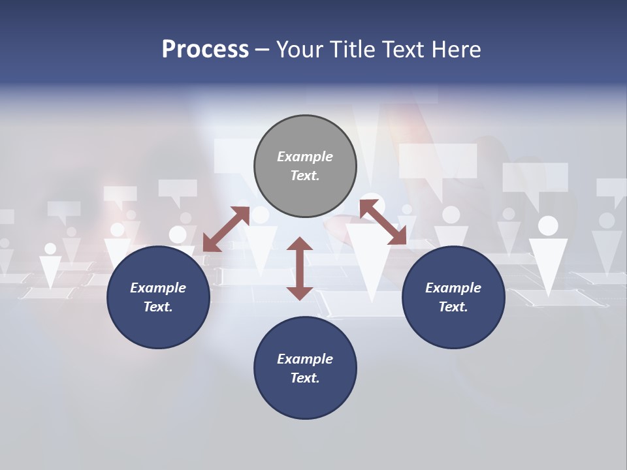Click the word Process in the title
coord(205,50)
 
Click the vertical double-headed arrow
coord(300,268)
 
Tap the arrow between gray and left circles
coord(226,228)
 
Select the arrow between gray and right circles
coord(383,222)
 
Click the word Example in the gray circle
coord(305,157)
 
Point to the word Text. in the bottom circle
coord(305,378)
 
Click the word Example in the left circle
coord(158,288)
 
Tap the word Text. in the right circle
coord(453,307)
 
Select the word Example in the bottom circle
coord(305,359)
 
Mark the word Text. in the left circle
coord(158,307)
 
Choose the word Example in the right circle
coord(453,288)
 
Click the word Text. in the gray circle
coord(305,176)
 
